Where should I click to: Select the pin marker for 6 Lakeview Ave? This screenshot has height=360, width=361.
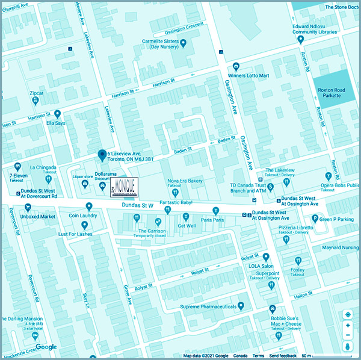102,155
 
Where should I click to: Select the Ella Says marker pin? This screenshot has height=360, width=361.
58,113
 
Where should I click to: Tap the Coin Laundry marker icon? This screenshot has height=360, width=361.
88,206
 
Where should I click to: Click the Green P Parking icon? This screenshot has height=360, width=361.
315,219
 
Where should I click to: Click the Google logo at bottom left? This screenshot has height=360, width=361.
46,347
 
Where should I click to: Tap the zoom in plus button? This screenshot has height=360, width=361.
348,324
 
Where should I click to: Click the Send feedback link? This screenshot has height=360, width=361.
283,356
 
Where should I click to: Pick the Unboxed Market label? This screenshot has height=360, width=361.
38,216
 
